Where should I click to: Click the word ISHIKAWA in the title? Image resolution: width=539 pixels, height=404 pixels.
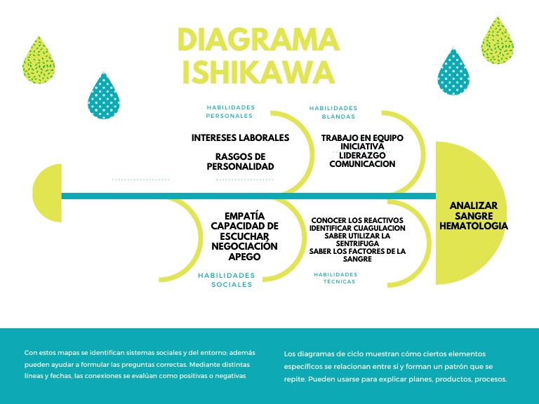258,72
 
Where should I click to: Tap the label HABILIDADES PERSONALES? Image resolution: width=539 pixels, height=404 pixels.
229,112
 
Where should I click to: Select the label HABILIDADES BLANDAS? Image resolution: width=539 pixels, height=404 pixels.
333,112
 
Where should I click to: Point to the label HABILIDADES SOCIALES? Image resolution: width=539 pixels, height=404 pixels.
225,280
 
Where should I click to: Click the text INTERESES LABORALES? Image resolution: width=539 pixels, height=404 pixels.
240,137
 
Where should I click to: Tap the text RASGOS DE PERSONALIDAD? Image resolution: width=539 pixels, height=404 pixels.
240,161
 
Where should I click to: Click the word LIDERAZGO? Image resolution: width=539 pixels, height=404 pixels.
362,155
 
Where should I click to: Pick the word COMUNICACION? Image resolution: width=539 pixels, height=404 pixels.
362,164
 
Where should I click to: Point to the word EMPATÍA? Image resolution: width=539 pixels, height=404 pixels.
244,216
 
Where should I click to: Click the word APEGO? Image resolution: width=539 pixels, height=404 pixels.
244,257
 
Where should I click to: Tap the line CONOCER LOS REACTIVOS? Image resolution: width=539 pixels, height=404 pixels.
358,220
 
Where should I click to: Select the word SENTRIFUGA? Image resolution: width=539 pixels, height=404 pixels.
358,243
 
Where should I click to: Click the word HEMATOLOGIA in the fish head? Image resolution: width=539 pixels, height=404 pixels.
474,226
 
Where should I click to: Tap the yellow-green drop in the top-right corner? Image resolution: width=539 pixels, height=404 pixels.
497,40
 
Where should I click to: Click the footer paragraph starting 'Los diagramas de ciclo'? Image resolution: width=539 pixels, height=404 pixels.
395,366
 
